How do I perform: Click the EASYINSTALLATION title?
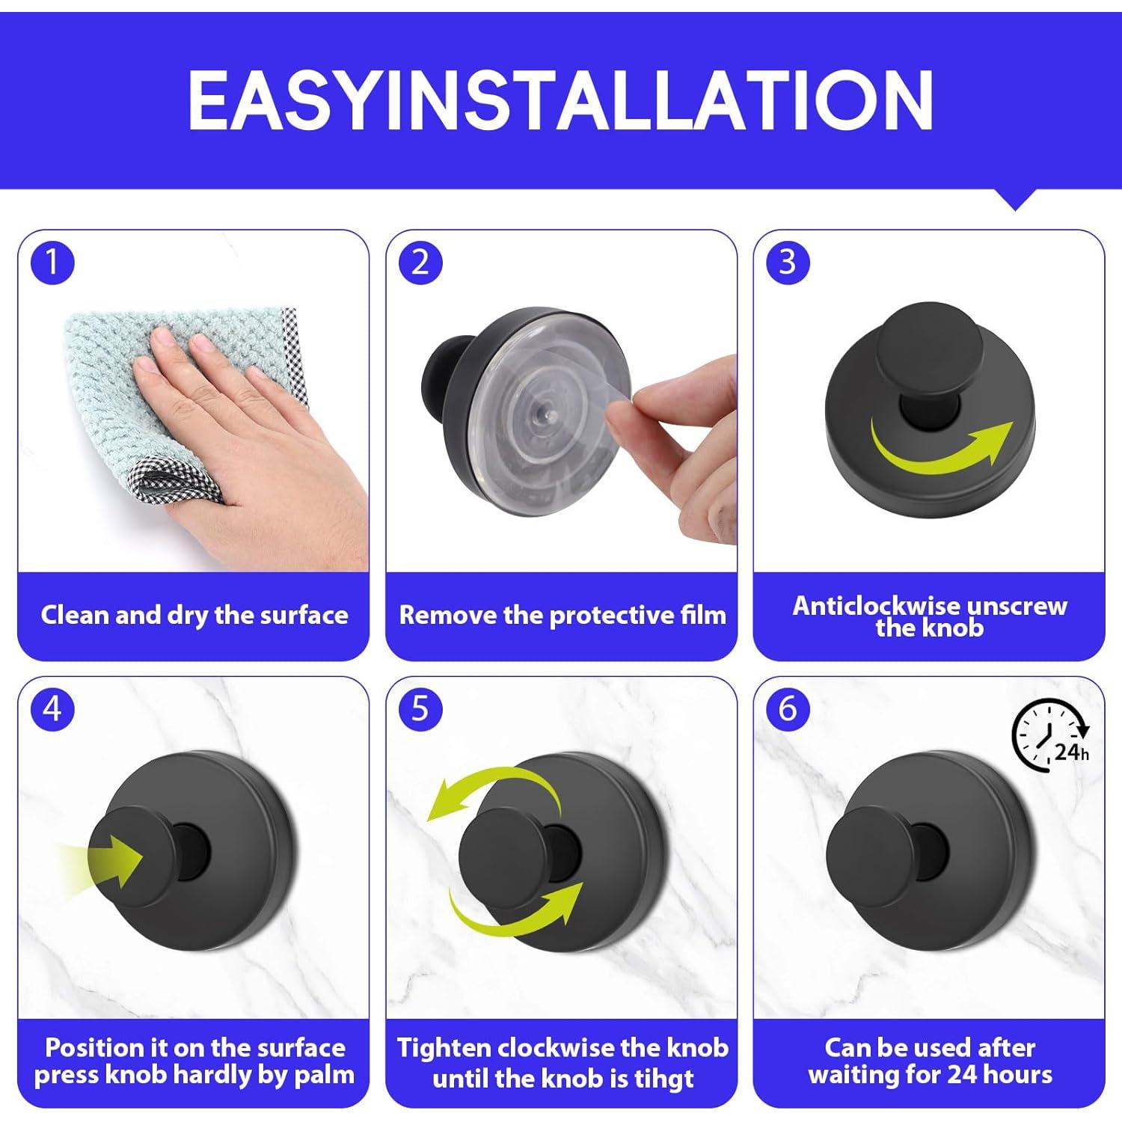coord(560,100)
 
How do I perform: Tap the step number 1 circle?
coord(52,263)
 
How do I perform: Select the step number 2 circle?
coord(420,263)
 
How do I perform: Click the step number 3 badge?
coord(788,263)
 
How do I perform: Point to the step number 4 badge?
coord(52,708)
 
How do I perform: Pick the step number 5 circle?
coord(420,708)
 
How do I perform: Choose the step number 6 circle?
coord(788,708)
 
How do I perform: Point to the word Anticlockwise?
coord(871,605)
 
